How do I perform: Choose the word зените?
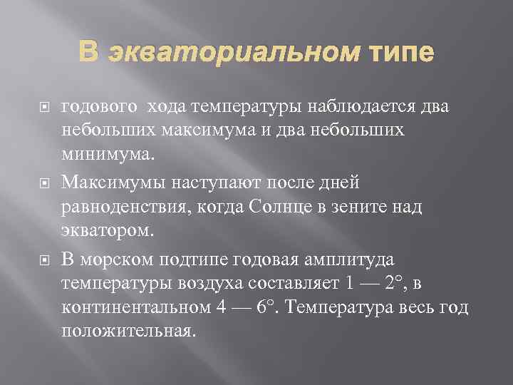coord(361,207)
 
